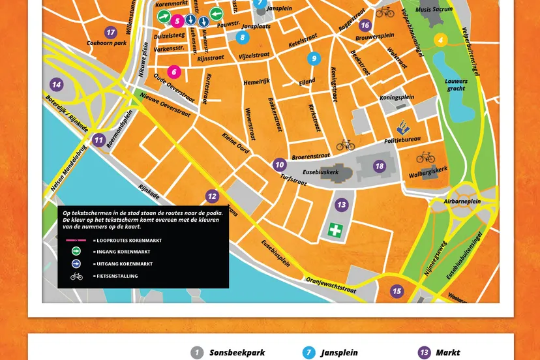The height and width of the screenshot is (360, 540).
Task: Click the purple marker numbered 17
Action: coord(111,32)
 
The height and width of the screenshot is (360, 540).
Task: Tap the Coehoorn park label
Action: coord(106,44)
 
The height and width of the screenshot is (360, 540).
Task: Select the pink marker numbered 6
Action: coord(173,72)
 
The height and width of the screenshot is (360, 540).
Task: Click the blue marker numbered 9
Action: coord(314,59)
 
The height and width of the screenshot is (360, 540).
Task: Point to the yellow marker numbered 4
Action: coord(441,40)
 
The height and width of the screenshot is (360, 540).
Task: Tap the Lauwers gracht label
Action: coord(457,85)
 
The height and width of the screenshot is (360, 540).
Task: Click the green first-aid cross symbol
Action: coord(335,230)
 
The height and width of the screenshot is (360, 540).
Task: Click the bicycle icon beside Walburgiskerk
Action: coord(425,157)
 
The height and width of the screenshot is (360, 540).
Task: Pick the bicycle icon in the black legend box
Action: coord(77,276)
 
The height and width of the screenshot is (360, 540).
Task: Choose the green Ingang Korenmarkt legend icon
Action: coord(77,252)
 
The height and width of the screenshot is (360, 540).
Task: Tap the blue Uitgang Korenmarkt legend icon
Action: coord(77,264)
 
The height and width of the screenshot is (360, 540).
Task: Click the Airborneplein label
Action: coord(462,202)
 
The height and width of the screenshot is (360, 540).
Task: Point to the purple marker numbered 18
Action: coord(379,166)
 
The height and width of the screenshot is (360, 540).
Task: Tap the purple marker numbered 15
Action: coord(397,291)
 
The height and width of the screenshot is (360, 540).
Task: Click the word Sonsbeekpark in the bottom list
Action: coord(237,353)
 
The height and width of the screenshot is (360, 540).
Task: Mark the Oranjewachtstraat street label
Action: coord(331,288)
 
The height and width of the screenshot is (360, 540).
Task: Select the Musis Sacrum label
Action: coord(434,10)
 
